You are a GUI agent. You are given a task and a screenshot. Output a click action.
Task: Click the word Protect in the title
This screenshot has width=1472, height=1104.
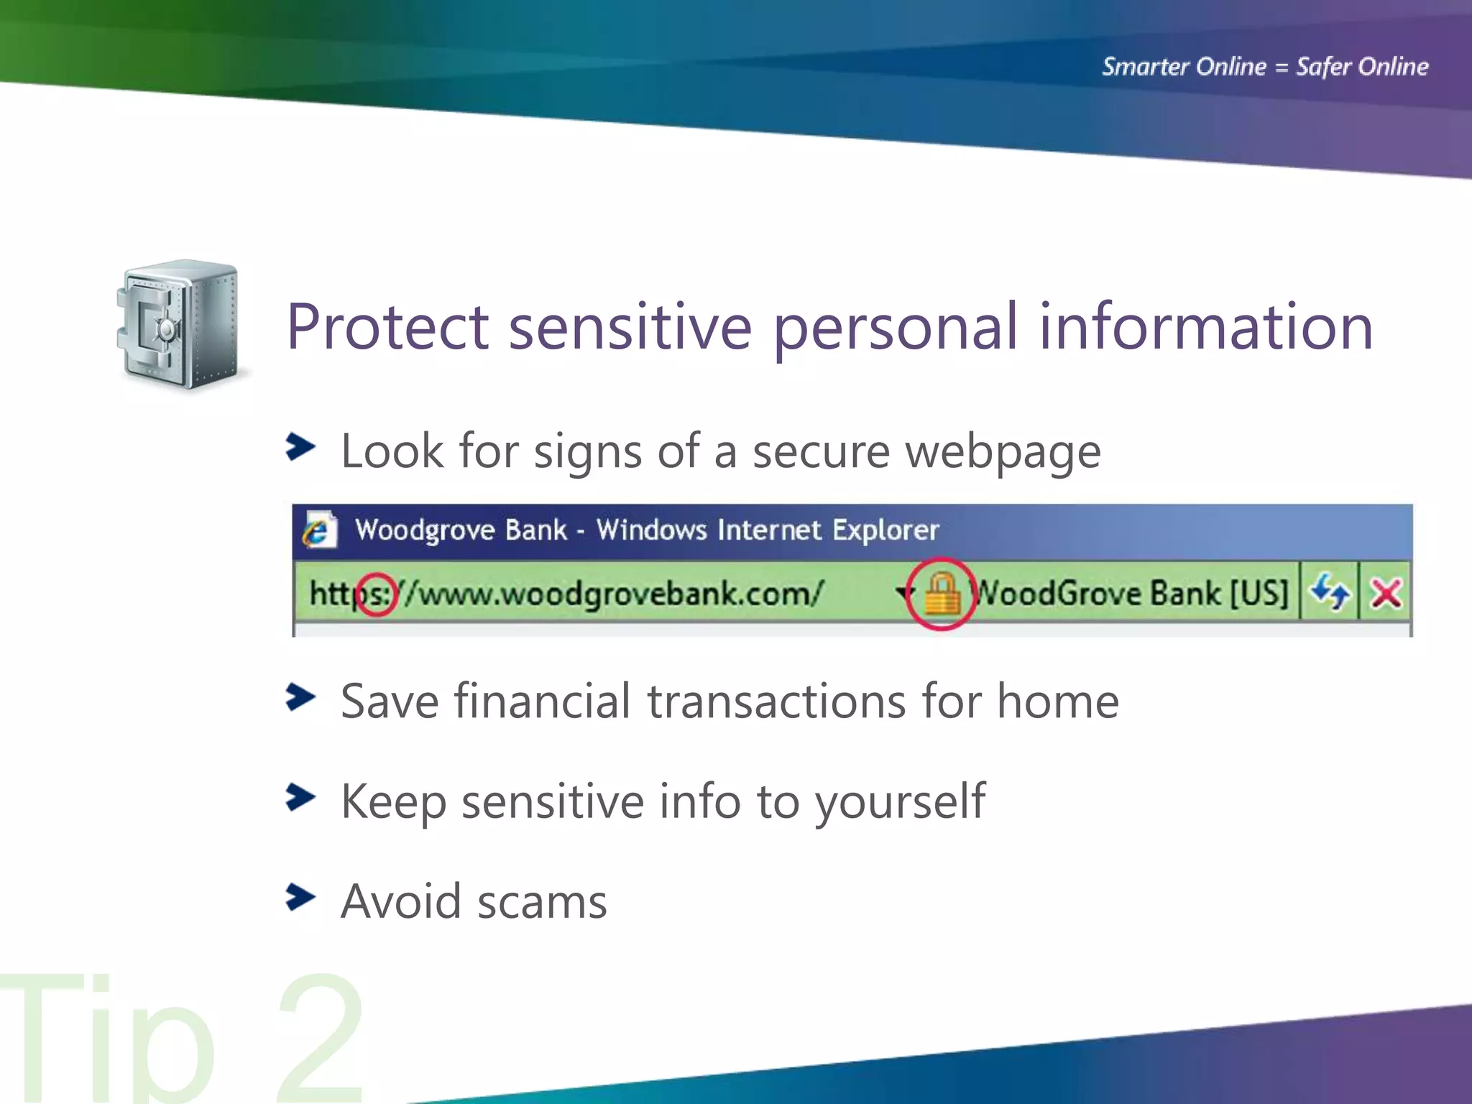coord(387,328)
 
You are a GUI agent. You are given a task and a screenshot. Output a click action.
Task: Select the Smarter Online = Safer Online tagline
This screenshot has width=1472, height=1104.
coord(1265,67)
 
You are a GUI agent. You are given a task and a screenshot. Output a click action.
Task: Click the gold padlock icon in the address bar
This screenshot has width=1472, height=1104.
coord(941,594)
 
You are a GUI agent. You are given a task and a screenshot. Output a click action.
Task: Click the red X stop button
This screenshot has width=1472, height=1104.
coord(1385,594)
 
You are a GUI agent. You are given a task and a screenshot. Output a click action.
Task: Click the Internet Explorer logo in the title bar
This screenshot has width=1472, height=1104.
coord(318,530)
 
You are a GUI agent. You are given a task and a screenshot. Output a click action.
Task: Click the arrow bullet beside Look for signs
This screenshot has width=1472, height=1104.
coord(300,447)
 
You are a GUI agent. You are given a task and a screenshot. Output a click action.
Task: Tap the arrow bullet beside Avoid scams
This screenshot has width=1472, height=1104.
coord(300,897)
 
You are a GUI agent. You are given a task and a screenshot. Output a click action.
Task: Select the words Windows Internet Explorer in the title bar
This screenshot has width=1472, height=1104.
coord(767,530)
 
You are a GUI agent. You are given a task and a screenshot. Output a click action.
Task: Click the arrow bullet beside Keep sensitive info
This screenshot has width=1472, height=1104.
coord(300,797)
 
